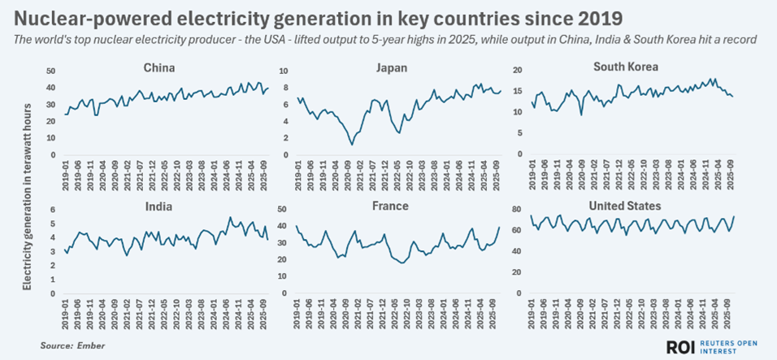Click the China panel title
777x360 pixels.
pos(159,69)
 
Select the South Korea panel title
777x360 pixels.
pos(625,67)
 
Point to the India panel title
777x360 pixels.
pos(159,206)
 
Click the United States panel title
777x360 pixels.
pos(625,206)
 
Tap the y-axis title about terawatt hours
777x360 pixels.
pos(27,195)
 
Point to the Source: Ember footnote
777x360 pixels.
pos(72,345)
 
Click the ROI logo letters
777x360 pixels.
pos(679,347)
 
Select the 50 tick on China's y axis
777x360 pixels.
pos(50,72)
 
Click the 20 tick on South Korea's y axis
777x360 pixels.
pos(519,72)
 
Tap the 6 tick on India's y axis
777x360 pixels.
pos(52,210)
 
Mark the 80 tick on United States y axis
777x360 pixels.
pos(519,210)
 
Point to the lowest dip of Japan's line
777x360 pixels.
pos(351,145)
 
